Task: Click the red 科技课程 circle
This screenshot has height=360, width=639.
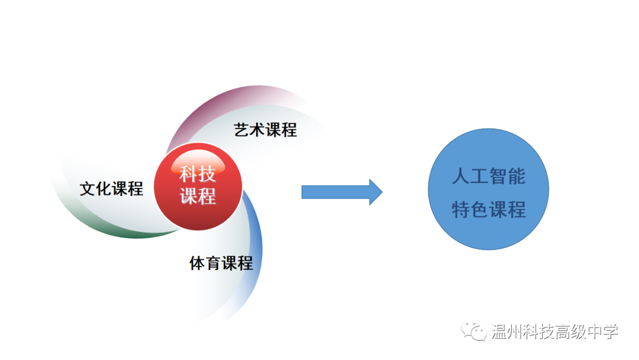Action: point(198,186)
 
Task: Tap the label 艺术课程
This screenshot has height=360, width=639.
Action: point(266,130)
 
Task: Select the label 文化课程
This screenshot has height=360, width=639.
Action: point(112,188)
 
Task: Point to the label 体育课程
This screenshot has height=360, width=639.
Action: point(221,263)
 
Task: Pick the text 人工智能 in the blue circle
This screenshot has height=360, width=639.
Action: point(489,176)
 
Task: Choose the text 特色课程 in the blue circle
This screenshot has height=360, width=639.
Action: point(489,209)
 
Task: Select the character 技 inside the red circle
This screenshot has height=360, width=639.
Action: point(208,174)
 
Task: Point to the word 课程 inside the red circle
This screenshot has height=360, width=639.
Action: point(198,196)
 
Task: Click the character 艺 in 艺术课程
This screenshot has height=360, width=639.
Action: point(242,130)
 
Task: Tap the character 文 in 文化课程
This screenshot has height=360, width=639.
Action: point(88,188)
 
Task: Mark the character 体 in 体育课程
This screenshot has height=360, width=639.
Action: point(198,263)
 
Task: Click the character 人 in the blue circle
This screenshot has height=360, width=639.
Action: point(461,176)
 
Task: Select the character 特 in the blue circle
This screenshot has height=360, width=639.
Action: point(461,209)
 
